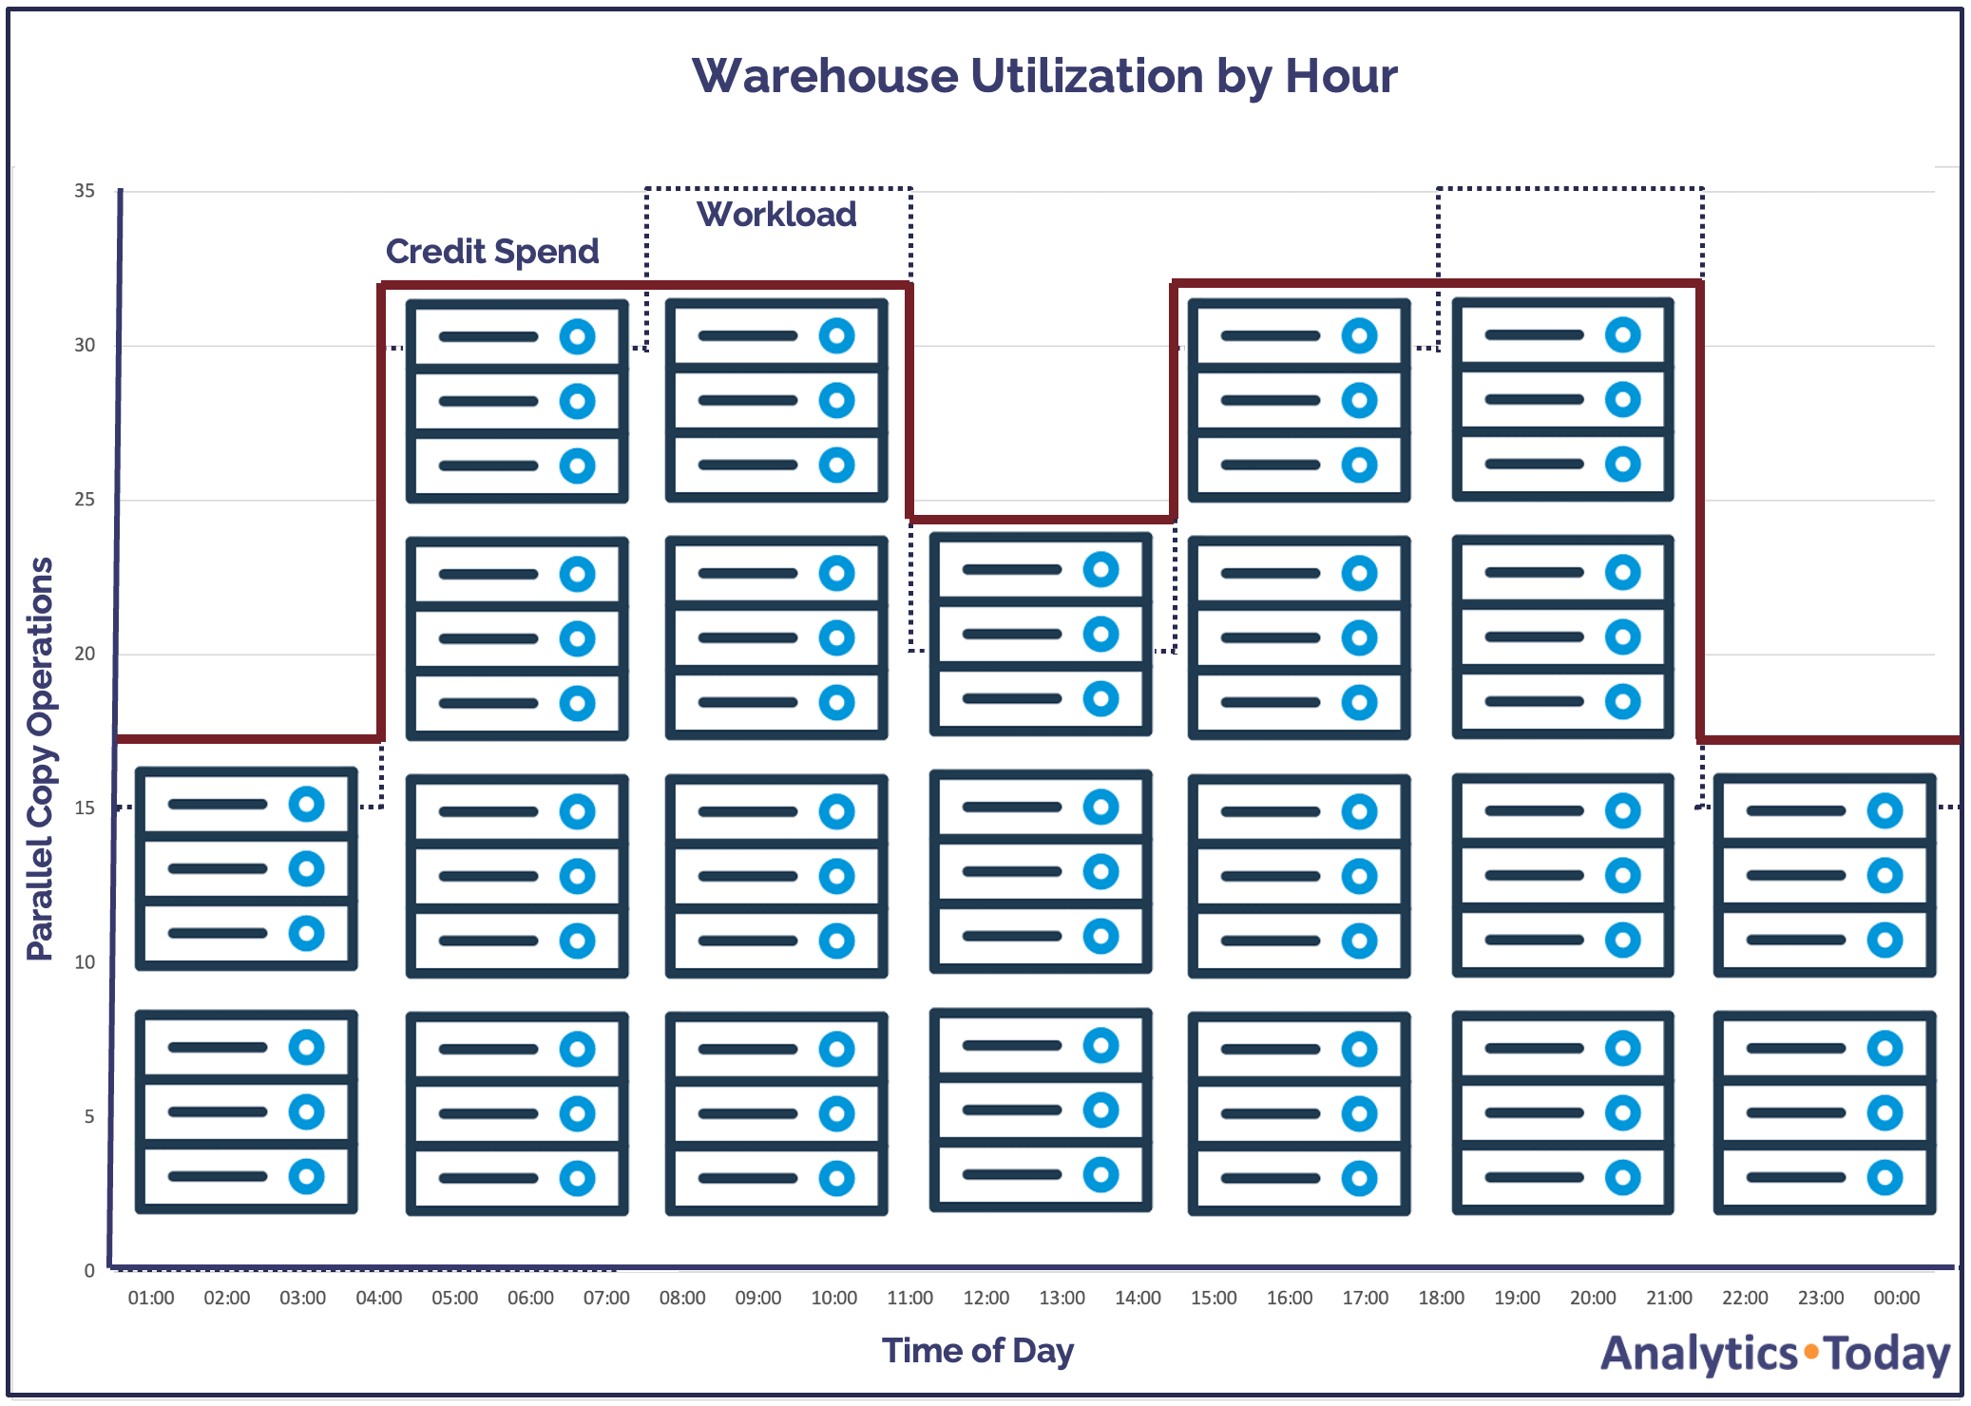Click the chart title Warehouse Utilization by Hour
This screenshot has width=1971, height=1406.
point(1043,76)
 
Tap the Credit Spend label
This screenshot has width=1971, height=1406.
point(491,252)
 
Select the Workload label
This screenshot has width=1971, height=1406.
point(776,215)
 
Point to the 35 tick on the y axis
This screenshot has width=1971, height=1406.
point(85,191)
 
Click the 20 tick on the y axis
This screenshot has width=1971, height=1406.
point(85,654)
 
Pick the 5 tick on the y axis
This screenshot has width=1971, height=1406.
point(89,1116)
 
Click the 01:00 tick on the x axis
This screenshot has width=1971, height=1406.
point(151,1298)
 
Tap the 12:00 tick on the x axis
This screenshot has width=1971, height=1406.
point(985,1298)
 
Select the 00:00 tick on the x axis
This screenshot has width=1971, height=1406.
point(1896,1298)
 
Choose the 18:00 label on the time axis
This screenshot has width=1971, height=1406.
point(1441,1298)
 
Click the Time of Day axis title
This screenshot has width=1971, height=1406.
point(977,1350)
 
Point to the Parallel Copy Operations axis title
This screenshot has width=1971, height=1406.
point(40,758)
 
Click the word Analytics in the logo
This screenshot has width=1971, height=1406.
point(1698,1354)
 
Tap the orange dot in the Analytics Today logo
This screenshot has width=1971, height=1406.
point(1811,1351)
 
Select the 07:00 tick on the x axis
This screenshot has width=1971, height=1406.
point(606,1298)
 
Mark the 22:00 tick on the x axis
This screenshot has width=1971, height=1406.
point(1745,1298)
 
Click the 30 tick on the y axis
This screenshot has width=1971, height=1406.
point(85,345)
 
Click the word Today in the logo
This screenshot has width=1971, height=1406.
point(1887,1354)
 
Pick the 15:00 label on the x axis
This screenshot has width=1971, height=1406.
point(1214,1298)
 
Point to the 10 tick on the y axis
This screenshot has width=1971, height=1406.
point(85,962)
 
